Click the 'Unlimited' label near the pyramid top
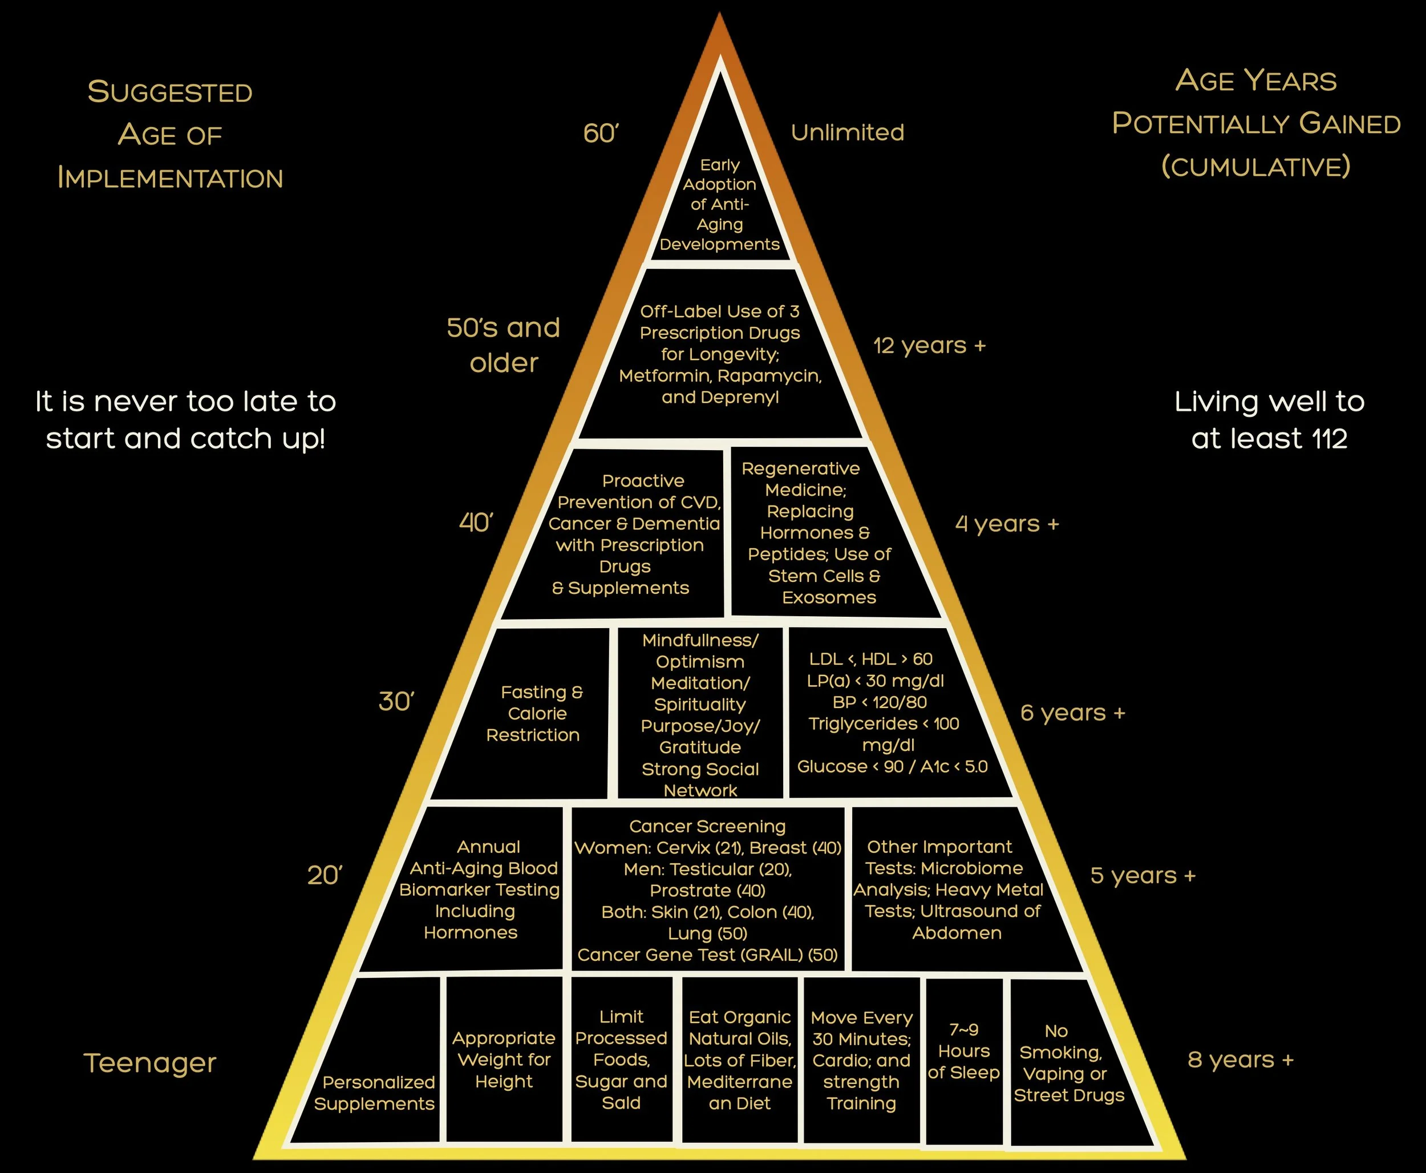click(x=847, y=132)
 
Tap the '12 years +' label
click(x=929, y=346)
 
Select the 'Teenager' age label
click(x=149, y=1062)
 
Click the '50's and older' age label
click(x=503, y=345)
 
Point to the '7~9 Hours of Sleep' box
click(x=963, y=1051)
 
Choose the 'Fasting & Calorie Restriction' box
click(x=534, y=714)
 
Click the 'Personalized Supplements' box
click(x=375, y=1092)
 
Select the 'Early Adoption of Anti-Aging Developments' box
click(x=719, y=205)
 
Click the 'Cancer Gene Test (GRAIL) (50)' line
click(x=707, y=954)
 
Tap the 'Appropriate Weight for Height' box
click(x=504, y=1059)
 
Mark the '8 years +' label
click(x=1240, y=1059)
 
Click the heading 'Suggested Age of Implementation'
click(x=169, y=135)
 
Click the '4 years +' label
click(x=1007, y=524)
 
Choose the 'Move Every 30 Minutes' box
click(x=861, y=1059)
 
